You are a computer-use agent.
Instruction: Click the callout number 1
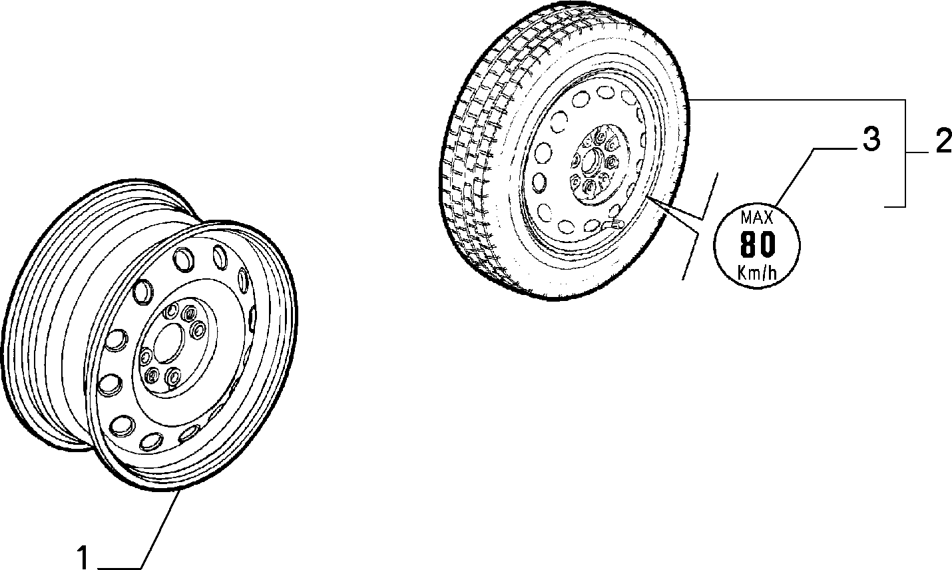click(x=83, y=557)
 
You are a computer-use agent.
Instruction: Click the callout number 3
click(x=871, y=139)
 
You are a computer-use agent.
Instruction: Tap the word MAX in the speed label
click(x=756, y=218)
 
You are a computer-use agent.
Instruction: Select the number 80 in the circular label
click(x=758, y=244)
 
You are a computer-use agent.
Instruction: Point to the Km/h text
click(x=757, y=272)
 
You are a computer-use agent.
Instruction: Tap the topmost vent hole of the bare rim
click(x=184, y=259)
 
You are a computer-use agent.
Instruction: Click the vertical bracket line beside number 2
click(x=905, y=153)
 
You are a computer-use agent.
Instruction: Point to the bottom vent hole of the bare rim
click(x=152, y=441)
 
